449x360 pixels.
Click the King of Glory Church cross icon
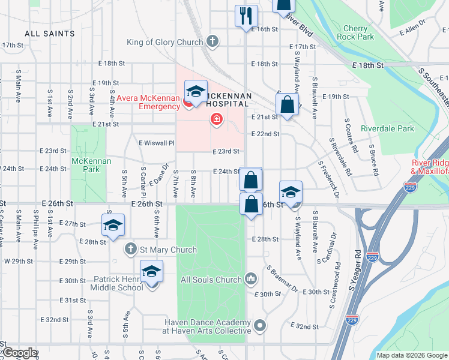[x=211, y=42]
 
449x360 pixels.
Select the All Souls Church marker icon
[x=252, y=279]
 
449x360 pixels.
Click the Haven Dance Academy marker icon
[x=259, y=326]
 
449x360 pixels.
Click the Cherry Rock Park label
[x=359, y=32]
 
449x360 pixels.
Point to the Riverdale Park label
[x=387, y=128]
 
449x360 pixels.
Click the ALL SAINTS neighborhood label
[x=50, y=34]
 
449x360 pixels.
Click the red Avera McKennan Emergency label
[x=148, y=103]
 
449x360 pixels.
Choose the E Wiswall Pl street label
[x=156, y=143]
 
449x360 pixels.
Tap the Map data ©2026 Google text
[x=412, y=355]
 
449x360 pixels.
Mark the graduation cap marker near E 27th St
[x=112, y=225]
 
